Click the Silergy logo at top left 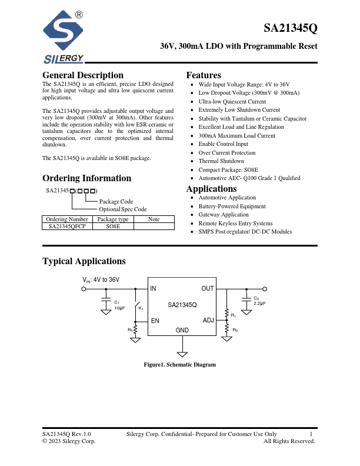coord(64,39)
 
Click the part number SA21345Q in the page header coord(291,28)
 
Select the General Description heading coord(83,75)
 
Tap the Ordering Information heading coord(86,178)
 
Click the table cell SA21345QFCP coord(66,226)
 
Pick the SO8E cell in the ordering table coord(112,226)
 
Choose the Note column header coord(154,219)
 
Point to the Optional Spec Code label coord(123,209)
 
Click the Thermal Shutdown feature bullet coord(221,161)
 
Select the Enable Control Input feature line coord(224,144)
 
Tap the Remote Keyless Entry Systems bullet coord(235,224)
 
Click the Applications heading coord(211,189)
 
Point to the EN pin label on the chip coord(155,321)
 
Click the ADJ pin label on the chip coord(208,321)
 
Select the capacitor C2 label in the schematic coord(256,298)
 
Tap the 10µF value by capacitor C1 coord(119,308)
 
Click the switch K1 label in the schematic coord(141,308)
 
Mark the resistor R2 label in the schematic coord(235,330)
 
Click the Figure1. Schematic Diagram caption coord(180,365)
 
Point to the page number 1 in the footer coord(310,434)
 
